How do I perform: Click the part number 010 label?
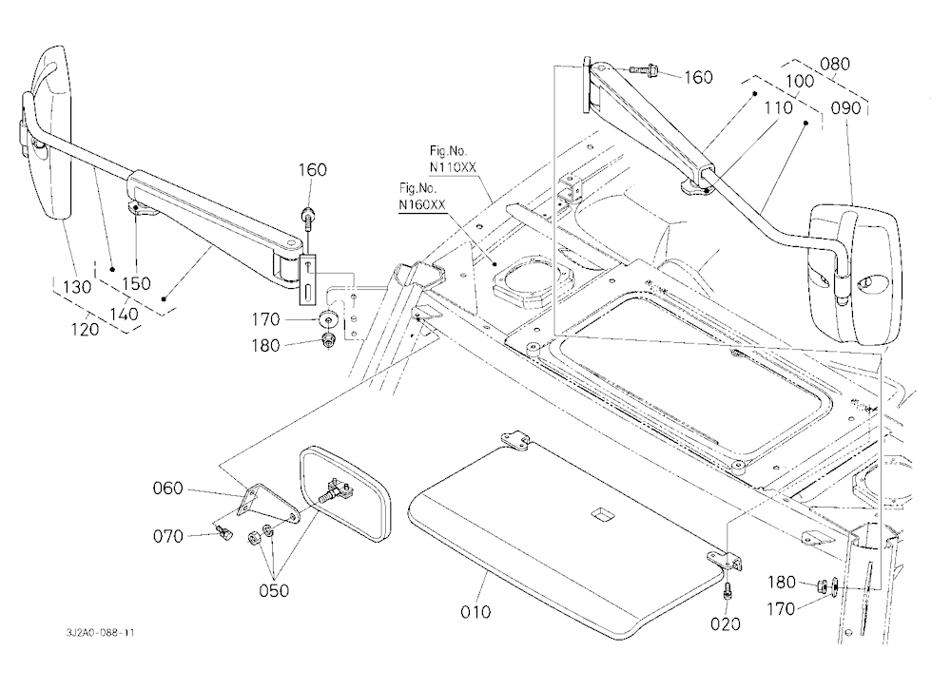point(475,612)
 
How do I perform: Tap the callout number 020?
point(726,623)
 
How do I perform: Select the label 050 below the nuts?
point(274,590)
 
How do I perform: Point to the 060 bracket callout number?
point(167,489)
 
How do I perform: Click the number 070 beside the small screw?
point(167,536)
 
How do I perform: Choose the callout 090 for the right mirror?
point(845,108)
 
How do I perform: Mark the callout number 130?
point(76,287)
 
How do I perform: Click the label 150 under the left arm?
point(136,284)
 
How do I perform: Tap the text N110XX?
point(453,167)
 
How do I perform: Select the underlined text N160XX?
point(422,205)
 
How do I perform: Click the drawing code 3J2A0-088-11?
point(101,633)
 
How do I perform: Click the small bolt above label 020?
point(727,590)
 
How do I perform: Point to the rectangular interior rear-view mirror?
point(344,493)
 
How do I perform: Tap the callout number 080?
point(835,64)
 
